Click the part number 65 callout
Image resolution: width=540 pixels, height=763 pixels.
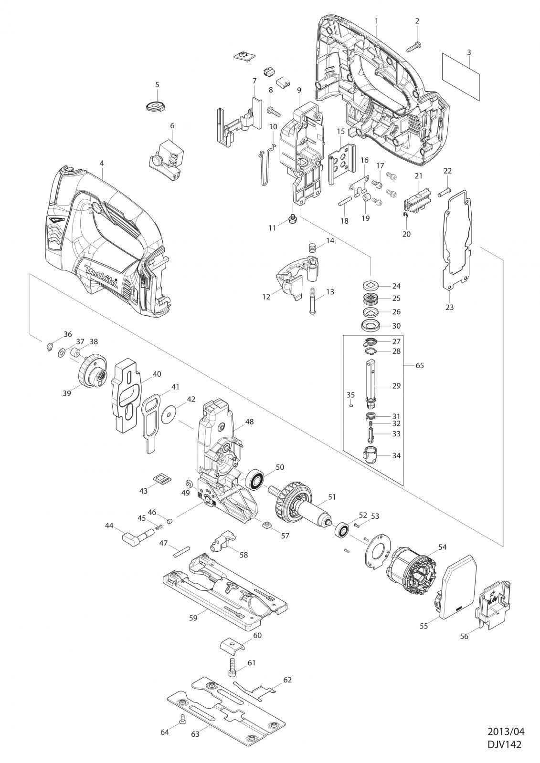pos(420,365)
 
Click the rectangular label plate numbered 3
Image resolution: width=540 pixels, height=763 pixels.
pos(461,77)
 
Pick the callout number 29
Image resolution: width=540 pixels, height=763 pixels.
pos(396,386)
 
